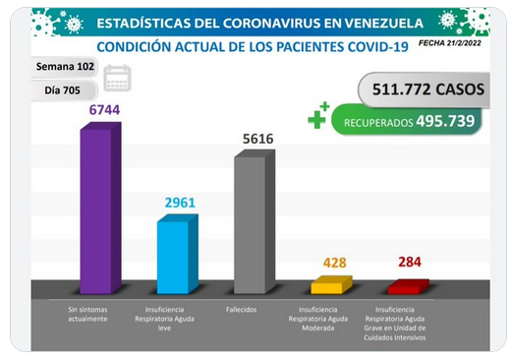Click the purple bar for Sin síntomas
100,208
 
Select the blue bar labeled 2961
178,254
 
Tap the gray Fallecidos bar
255,221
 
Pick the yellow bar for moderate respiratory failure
331,285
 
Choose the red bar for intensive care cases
409,286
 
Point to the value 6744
105,110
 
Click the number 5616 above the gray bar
258,139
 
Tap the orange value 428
335,263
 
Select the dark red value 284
410,262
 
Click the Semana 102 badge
65,67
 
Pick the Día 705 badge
64,90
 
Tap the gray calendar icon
117,78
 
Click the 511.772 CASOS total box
425,90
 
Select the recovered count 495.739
445,121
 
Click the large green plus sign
316,119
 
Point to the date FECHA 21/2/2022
450,43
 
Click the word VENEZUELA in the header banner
384,24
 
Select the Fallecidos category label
241,310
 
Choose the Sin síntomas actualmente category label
87,314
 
